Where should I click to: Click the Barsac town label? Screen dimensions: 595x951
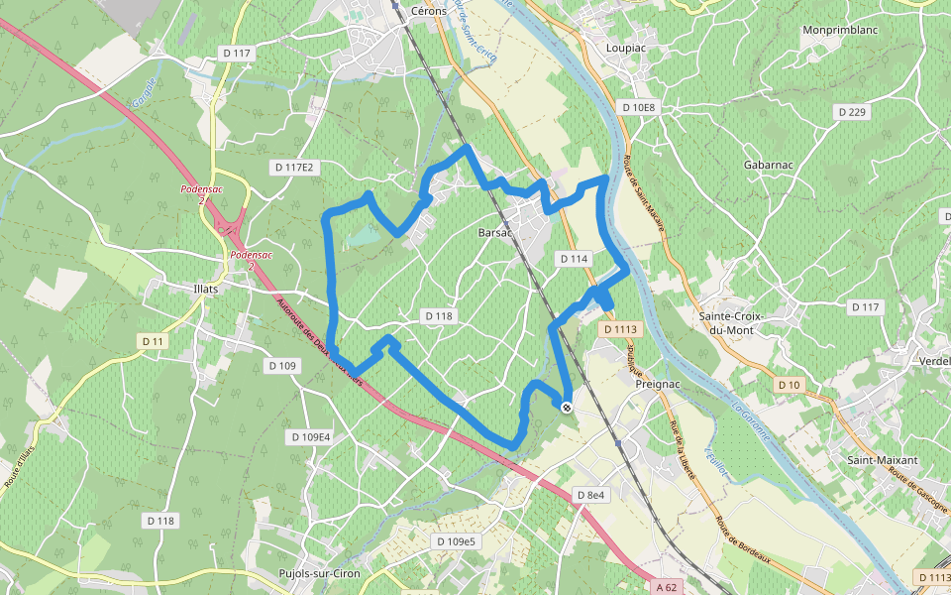(x=493, y=233)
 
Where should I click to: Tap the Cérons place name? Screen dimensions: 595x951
(x=428, y=11)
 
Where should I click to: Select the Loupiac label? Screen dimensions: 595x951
(x=626, y=47)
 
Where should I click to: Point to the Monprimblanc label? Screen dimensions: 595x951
(x=842, y=31)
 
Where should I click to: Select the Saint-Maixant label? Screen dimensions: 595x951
(x=882, y=461)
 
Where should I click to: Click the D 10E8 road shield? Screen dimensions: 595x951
(x=639, y=106)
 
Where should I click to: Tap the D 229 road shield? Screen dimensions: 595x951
(x=852, y=112)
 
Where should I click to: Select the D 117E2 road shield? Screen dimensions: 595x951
(x=294, y=168)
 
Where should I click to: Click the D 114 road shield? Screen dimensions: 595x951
(x=574, y=259)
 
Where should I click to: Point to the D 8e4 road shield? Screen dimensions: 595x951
(x=590, y=495)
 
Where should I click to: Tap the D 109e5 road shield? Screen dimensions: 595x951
(x=456, y=541)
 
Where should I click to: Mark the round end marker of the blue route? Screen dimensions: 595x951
(x=566, y=407)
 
